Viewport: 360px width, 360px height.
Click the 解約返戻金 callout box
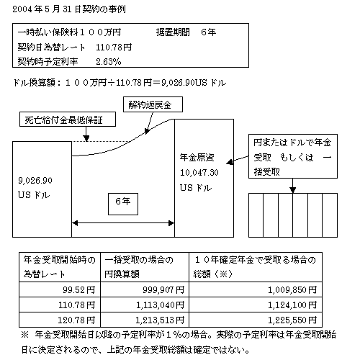tap(153, 104)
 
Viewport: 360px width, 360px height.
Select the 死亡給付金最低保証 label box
tap(68, 120)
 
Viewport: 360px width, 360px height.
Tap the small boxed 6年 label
tap(123, 204)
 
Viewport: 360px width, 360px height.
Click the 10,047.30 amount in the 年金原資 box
tap(199, 173)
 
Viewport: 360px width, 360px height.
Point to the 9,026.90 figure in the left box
tap(35, 181)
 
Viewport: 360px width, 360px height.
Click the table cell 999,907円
tap(145, 289)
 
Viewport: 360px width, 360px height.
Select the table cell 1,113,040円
tap(145, 305)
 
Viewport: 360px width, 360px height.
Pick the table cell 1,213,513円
tap(145, 320)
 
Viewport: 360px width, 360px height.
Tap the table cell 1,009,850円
tap(256, 289)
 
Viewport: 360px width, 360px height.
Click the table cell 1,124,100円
tap(256, 305)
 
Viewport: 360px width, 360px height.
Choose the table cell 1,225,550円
tap(256, 320)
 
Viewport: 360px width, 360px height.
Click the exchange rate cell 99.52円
tap(60, 289)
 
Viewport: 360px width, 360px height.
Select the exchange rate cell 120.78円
tap(60, 320)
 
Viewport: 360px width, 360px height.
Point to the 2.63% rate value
tap(109, 62)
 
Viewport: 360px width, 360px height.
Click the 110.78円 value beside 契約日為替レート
tap(114, 47)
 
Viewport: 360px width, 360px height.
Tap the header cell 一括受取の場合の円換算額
tap(145, 267)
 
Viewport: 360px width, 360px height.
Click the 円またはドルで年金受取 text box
tap(293, 156)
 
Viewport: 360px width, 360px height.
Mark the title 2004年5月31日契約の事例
tap(69, 9)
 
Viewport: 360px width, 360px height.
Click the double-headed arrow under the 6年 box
tap(123, 223)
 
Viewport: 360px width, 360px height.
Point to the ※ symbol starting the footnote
tap(25, 335)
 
